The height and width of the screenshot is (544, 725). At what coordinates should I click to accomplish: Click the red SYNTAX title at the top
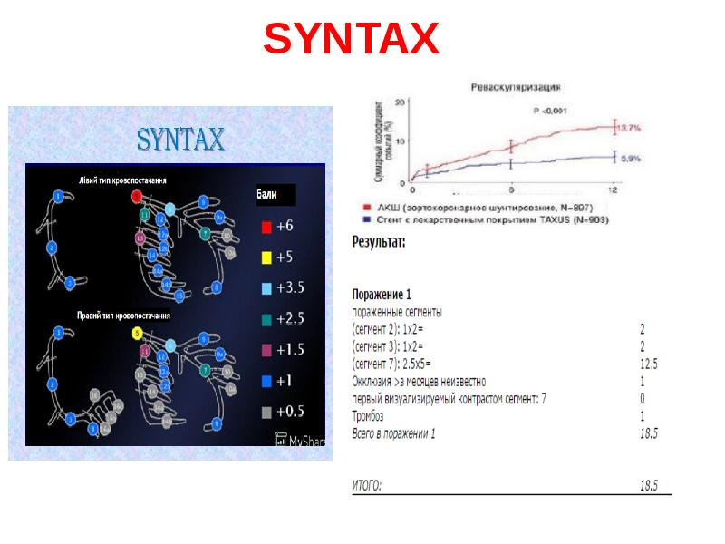[x=352, y=39]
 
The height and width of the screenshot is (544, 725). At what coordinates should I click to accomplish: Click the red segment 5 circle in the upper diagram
[x=136, y=195]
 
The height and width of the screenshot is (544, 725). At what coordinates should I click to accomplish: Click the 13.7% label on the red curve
[x=631, y=127]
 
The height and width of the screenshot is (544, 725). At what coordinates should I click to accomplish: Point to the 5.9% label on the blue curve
[x=631, y=158]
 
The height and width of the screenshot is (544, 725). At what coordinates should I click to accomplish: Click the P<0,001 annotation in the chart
[x=548, y=110]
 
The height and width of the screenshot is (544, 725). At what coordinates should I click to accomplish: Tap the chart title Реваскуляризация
[x=514, y=88]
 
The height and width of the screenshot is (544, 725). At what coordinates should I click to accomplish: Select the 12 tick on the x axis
[x=614, y=189]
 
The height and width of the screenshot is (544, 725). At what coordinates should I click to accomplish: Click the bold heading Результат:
[x=378, y=242]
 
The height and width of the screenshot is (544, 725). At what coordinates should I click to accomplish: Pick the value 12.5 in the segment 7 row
[x=648, y=364]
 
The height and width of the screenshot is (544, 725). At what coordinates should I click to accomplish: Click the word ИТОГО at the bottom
[x=366, y=485]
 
